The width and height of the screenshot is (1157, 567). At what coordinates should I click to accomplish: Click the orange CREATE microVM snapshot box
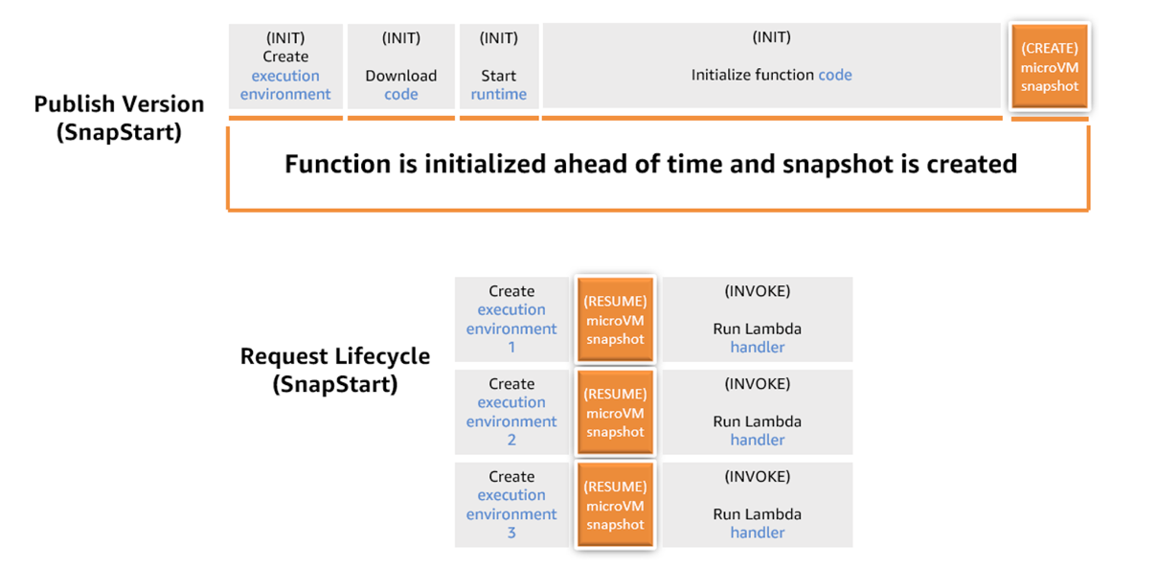click(x=1050, y=67)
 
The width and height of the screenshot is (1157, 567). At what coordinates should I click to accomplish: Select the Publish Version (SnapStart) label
click(x=119, y=118)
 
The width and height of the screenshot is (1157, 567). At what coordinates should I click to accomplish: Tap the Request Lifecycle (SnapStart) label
click(x=334, y=370)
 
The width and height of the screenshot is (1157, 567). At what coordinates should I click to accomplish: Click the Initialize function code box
click(x=771, y=66)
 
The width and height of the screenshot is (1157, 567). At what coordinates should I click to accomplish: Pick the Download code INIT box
click(x=400, y=66)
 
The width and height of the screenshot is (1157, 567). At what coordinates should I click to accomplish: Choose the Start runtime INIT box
click(x=498, y=66)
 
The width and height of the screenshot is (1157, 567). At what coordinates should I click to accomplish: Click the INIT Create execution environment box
click(x=285, y=66)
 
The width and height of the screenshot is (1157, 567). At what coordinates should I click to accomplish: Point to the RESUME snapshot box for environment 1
click(x=615, y=320)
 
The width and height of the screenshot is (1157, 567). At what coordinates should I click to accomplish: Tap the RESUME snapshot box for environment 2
click(x=615, y=413)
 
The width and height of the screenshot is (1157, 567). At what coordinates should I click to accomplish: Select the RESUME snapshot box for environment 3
click(x=615, y=506)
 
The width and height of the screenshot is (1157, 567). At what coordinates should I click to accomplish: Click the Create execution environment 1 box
click(x=511, y=319)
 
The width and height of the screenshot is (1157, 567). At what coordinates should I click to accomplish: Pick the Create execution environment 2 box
click(x=511, y=412)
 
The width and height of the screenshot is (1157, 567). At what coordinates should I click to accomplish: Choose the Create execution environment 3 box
click(x=511, y=505)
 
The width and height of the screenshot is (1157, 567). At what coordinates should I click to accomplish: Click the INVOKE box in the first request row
click(x=757, y=319)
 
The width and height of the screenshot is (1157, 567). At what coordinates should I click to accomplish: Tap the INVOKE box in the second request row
click(x=757, y=412)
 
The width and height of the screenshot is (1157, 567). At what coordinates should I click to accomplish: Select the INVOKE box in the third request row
click(x=757, y=505)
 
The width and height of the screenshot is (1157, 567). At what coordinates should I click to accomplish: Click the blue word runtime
click(x=498, y=94)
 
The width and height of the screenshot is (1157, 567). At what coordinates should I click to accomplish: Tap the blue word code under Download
click(x=400, y=94)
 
